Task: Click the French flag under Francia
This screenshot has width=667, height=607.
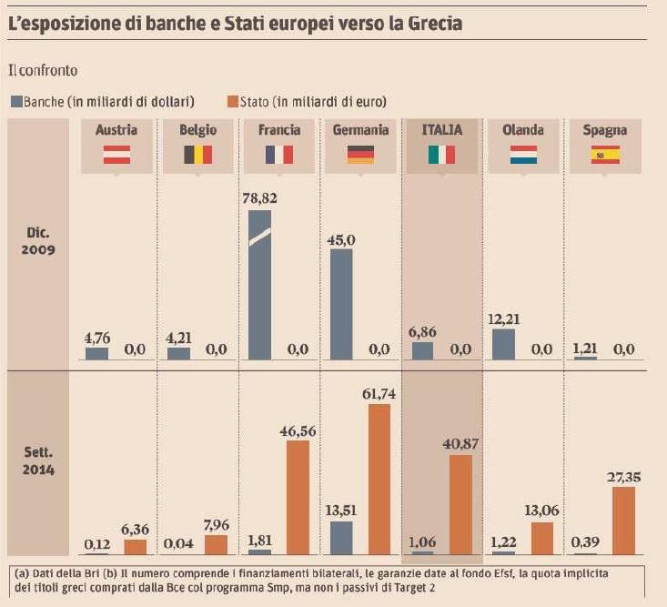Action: tap(279, 155)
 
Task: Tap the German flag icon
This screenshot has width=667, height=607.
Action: tap(360, 155)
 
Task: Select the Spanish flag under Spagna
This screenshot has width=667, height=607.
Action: tap(605, 155)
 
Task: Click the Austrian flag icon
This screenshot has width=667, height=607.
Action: tap(117, 155)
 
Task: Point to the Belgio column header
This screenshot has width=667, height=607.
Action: tap(197, 130)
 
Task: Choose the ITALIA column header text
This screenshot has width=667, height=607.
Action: tap(441, 130)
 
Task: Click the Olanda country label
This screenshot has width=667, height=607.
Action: tap(523, 130)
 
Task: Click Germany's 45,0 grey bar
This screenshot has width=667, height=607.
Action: tap(340, 304)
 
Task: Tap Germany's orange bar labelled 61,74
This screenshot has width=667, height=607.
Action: tap(379, 479)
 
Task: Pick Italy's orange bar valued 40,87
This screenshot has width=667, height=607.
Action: tap(460, 504)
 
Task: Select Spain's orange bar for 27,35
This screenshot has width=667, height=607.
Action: tap(623, 520)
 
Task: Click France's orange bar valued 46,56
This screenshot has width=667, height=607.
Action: tap(298, 497)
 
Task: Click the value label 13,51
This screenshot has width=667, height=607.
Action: tap(340, 511)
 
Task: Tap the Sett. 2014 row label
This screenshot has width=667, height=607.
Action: tap(38, 462)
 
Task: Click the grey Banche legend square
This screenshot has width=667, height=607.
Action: tap(16, 101)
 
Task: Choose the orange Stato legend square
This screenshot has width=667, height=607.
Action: tap(233, 101)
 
